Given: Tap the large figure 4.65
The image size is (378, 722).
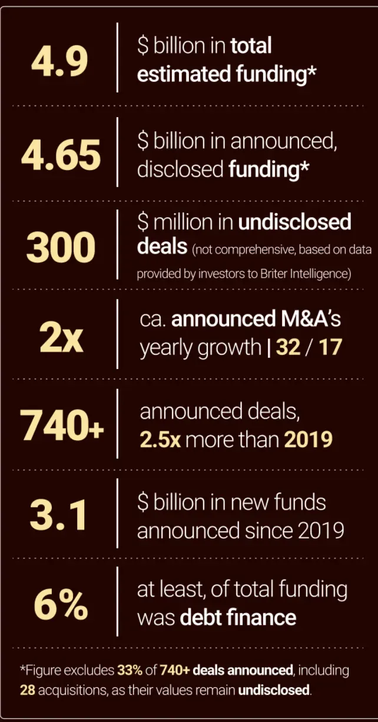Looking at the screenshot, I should tap(61, 155).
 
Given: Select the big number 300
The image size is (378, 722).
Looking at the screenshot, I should tap(61, 248).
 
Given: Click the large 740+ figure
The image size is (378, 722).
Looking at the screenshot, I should tap(61, 425).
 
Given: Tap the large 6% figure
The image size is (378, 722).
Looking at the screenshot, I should tap(61, 604).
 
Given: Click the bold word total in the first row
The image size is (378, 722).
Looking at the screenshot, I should tap(251, 45).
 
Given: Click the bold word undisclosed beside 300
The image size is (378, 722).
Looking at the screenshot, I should tap(294, 222).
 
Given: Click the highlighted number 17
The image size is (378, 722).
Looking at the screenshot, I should tap(330, 347).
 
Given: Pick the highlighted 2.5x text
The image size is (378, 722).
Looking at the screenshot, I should tap(160, 440).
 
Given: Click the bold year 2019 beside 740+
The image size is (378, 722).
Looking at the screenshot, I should tap(310, 440).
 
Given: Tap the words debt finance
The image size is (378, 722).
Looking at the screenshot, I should tap(238, 618).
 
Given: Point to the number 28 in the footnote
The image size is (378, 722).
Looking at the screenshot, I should tap(27, 689).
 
